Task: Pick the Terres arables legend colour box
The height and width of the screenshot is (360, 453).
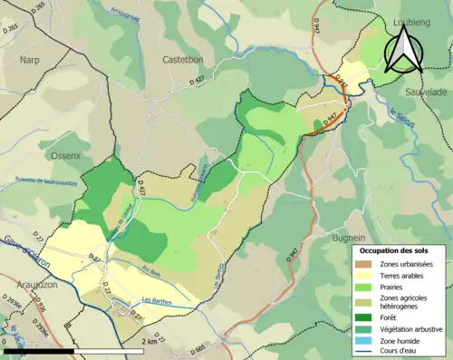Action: pos(367,276)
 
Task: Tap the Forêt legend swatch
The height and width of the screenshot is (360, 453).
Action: pos(367,317)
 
